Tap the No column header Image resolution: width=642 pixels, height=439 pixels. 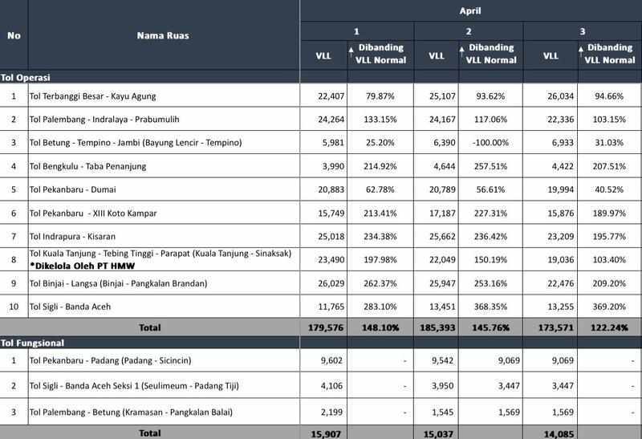point(13,36)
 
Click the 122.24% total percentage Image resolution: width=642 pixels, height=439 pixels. point(607,327)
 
